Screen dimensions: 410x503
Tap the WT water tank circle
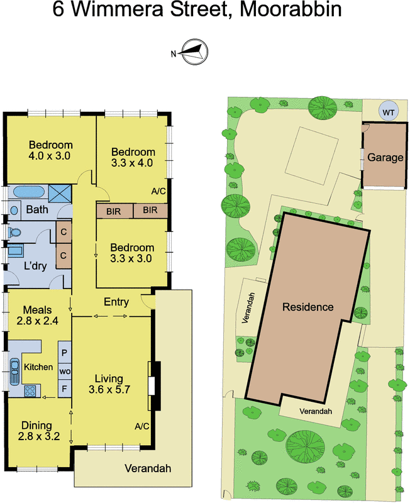[x=388, y=112]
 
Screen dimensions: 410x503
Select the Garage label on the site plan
[x=385, y=157]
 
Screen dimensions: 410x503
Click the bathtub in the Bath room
[x=28, y=192]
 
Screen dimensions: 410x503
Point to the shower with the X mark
[x=60, y=194]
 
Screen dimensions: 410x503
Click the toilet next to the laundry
[x=13, y=232]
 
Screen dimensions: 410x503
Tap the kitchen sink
[x=14, y=372]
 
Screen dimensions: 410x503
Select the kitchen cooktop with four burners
[x=30, y=390]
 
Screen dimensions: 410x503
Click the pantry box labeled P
[x=65, y=353]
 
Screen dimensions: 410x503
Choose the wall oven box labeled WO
[x=65, y=372]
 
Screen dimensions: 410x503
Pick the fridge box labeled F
[x=65, y=389]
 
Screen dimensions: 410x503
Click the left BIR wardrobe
[x=114, y=211]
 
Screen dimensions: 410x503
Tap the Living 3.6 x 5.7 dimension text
[x=109, y=389]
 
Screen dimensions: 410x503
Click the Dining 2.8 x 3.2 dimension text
[x=39, y=436]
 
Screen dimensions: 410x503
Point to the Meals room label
[x=38, y=310]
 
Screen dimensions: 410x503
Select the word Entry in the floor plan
[x=116, y=302]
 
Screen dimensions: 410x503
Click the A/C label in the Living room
[x=141, y=426]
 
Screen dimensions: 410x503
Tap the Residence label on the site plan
[x=308, y=307]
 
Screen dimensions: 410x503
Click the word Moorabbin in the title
[x=291, y=9]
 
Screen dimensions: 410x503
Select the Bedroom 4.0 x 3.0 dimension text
[x=50, y=156]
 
